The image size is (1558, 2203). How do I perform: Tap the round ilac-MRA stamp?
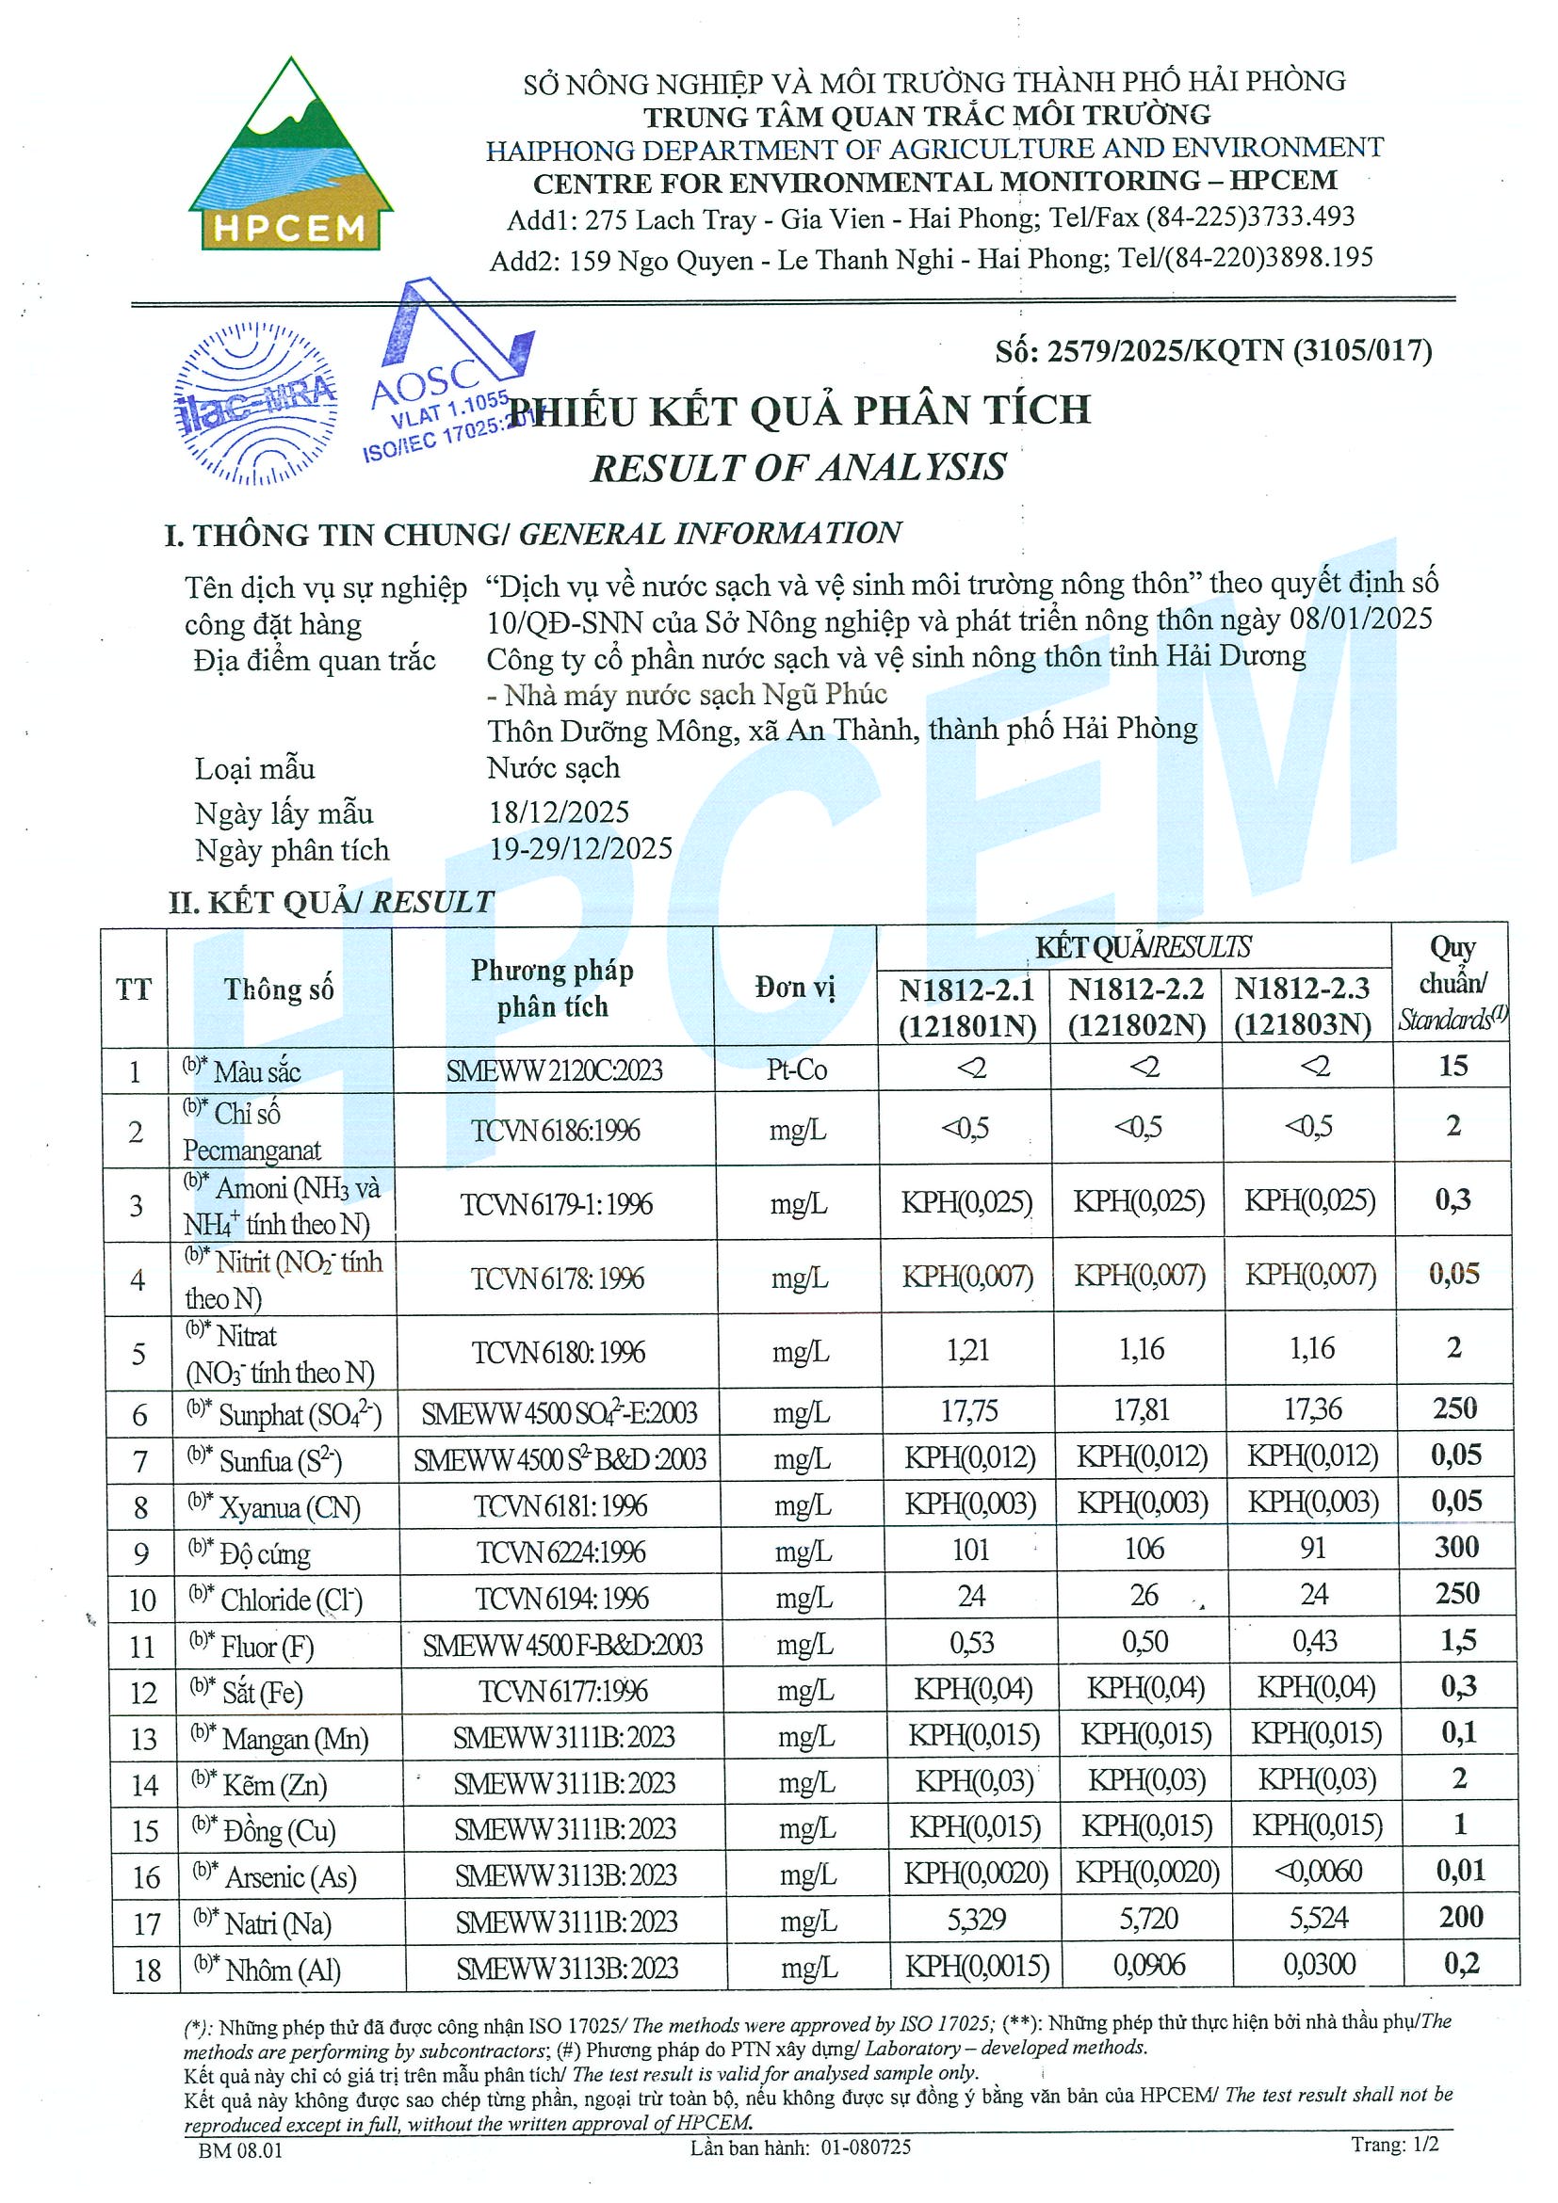[255, 404]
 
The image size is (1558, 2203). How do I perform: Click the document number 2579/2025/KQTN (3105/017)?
[1213, 351]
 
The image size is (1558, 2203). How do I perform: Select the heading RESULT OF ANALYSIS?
[798, 467]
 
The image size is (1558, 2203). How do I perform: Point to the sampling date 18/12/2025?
[559, 812]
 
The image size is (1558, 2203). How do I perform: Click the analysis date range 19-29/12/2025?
[581, 849]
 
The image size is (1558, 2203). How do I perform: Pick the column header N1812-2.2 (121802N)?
[1137, 1006]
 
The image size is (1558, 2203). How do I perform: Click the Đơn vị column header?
[795, 988]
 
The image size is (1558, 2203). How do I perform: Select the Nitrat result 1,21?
[967, 1350]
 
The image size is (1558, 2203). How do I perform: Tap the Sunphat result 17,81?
[1141, 1409]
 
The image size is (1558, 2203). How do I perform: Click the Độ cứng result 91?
[1311, 1548]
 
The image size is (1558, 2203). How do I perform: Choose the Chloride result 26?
[1144, 1595]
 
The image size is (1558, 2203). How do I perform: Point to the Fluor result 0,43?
[1314, 1641]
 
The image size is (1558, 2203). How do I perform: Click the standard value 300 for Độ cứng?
[1456, 1547]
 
